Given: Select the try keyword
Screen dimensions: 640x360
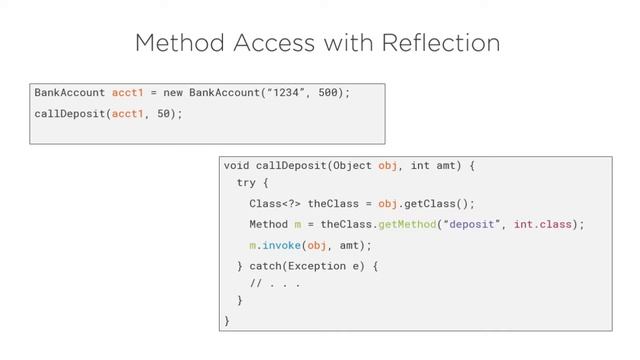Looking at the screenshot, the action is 246,184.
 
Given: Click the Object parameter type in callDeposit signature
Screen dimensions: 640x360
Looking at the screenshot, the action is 352,165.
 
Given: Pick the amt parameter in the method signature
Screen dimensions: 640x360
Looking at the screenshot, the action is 447,165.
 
